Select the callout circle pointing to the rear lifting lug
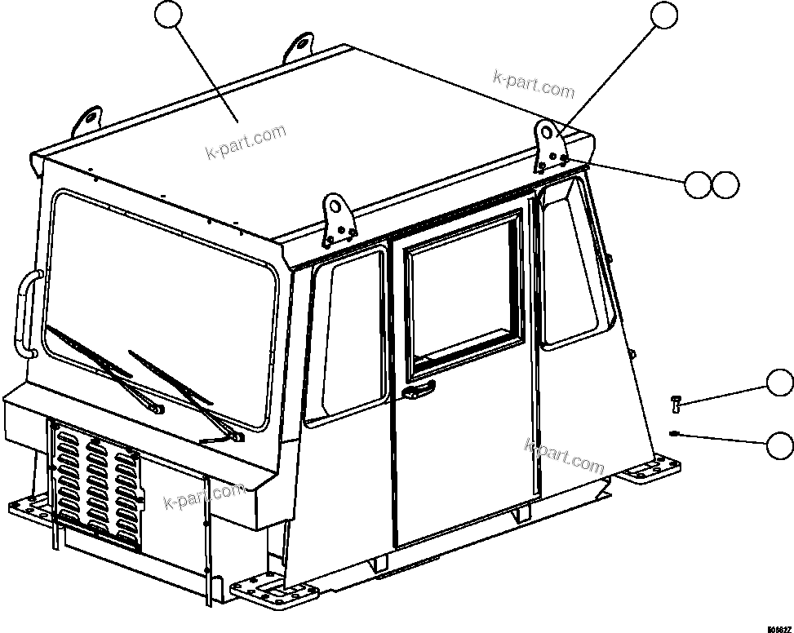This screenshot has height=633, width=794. [663, 15]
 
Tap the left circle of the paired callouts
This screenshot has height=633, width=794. [698, 185]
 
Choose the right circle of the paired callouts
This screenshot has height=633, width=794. [725, 185]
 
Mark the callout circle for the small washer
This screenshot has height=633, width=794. [779, 445]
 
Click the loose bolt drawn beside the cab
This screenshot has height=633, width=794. [676, 401]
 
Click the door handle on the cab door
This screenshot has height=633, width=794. [419, 392]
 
